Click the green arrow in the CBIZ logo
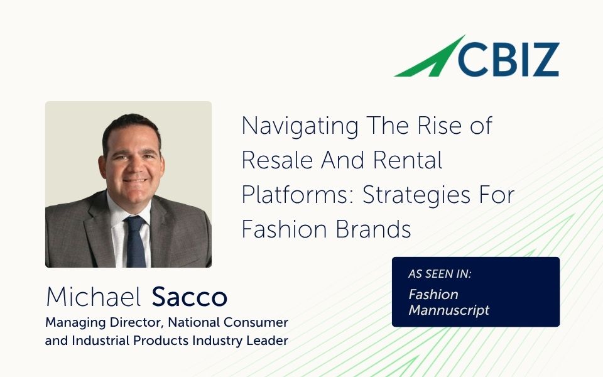(427, 58)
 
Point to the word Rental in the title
(408, 161)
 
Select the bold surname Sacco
(190, 297)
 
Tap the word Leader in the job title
(268, 341)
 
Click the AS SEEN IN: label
(439, 274)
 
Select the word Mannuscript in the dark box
(448, 310)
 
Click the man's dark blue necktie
(135, 242)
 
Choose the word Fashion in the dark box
(433, 294)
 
